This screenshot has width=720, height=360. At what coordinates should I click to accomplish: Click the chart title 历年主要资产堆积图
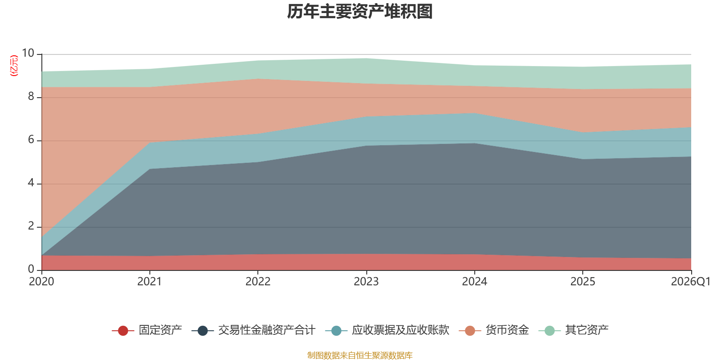360,12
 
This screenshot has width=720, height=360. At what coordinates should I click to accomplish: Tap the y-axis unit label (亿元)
14,66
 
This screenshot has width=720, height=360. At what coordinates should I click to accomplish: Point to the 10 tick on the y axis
28,53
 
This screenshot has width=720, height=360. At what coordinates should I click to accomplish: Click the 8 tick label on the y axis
31,96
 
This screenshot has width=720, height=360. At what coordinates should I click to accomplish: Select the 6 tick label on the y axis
31,139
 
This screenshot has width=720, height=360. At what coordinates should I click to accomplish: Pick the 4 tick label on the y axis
31,183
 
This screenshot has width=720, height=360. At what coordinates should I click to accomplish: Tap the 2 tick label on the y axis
31,226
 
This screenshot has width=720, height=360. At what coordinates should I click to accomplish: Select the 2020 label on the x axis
41,282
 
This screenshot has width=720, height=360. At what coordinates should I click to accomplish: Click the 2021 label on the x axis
149,282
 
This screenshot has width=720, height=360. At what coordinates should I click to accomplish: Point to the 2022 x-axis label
258,282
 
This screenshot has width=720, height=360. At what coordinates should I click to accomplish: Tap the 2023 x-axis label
366,282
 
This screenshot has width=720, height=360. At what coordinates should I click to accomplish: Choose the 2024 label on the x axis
474,282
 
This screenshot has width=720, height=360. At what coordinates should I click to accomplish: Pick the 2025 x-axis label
583,282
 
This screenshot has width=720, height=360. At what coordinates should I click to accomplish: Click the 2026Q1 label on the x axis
691,282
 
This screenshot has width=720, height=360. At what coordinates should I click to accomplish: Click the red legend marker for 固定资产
123,330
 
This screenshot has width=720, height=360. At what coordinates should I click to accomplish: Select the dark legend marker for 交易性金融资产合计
202,330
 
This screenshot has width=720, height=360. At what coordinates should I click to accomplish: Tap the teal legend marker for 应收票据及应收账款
336,330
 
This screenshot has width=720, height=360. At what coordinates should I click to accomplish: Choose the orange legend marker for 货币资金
470,330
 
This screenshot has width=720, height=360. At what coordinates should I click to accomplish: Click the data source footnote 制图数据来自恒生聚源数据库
360,355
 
